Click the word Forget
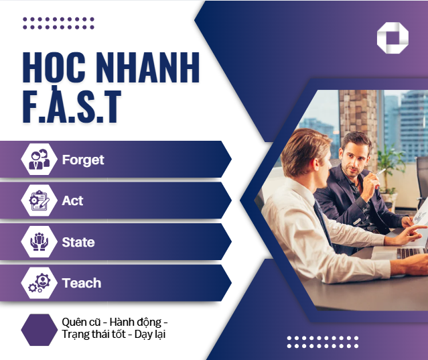[x=83, y=160]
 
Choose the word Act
[x=72, y=200]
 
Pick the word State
[x=78, y=242]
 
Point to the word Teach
[x=82, y=283]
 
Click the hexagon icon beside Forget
[x=38, y=160]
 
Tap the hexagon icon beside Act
[x=38, y=200]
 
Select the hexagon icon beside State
[x=38, y=242]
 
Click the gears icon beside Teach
[x=38, y=283]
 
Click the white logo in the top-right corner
[x=393, y=38]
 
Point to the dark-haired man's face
[x=353, y=156]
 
